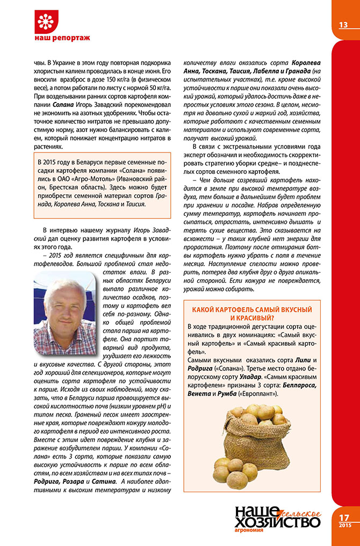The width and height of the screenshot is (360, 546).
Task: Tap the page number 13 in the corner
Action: coord(344,25)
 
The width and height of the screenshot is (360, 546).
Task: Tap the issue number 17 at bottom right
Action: coord(344,518)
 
